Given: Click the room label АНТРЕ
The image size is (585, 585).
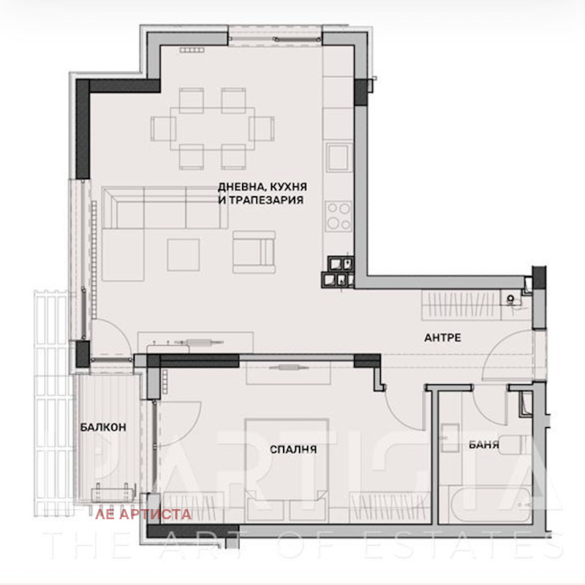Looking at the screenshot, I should pos(442,338).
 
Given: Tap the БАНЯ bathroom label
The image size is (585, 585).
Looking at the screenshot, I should pos(484,444).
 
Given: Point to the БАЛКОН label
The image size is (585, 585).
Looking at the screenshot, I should pos(99,429).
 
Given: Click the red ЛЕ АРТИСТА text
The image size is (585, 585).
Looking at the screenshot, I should pos(143,514).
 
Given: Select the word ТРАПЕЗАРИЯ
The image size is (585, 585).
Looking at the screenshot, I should pos(266,199).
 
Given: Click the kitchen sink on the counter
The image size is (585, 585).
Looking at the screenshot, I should pos(339,158).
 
